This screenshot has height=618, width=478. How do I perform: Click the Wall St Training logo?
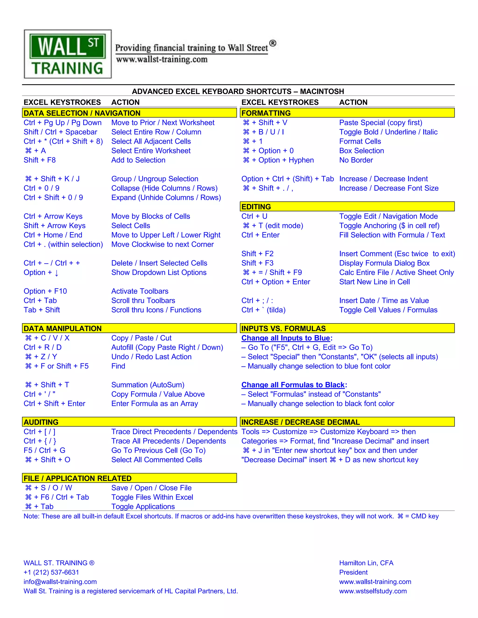pyautogui.click(x=68, y=54)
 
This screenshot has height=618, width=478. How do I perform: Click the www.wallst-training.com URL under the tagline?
pyautogui.click(x=162, y=59)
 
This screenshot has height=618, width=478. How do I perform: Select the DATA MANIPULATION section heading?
pyautogui.click(x=63, y=329)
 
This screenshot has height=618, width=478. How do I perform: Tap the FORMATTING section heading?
pyautogui.click(x=266, y=113)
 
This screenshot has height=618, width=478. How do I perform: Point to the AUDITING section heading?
pyautogui.click(x=41, y=422)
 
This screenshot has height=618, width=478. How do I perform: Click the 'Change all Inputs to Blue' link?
pyautogui.click(x=285, y=338)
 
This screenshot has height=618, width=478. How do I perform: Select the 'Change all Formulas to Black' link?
pyautogui.click(x=293, y=385)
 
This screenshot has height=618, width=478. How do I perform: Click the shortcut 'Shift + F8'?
pyautogui.click(x=40, y=160)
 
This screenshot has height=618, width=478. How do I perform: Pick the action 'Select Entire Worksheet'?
pyautogui.click(x=151, y=151)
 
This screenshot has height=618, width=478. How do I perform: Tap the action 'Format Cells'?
pyautogui.click(x=360, y=142)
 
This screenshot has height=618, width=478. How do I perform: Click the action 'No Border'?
pyautogui.click(x=356, y=160)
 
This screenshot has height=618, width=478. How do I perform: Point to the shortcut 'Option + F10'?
pyautogui.click(x=45, y=291)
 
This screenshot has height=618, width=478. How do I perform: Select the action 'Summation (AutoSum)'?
pyautogui.click(x=148, y=385)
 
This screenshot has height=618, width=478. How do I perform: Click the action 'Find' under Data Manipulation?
pyautogui.click(x=118, y=366)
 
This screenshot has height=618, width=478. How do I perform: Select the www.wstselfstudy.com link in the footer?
pyautogui.click(x=373, y=591)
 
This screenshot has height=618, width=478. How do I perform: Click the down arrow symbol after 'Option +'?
pyautogui.click(x=57, y=273)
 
